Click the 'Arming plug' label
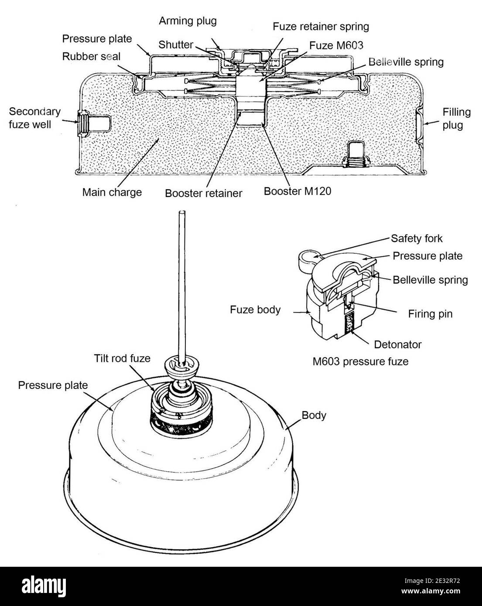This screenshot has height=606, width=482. [188, 20]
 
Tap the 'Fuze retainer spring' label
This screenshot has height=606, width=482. [321, 27]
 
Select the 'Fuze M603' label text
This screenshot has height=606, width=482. [336, 45]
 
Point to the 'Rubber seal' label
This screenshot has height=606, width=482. [91, 56]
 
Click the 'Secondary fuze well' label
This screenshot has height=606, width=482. [35, 118]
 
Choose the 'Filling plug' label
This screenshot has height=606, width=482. [457, 118]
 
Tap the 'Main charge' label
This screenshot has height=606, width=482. [112, 192]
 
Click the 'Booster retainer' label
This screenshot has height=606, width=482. [203, 193]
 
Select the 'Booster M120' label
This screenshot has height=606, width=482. [297, 191]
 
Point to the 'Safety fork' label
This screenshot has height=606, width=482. [416, 238]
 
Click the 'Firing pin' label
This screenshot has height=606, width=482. [430, 313]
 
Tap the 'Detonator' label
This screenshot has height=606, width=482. [398, 344]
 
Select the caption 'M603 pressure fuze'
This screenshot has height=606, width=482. [360, 361]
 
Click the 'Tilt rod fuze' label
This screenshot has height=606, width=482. [122, 358]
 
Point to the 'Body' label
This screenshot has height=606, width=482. [314, 415]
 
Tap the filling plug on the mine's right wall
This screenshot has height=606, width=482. [419, 123]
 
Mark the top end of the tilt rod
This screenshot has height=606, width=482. [181, 213]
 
